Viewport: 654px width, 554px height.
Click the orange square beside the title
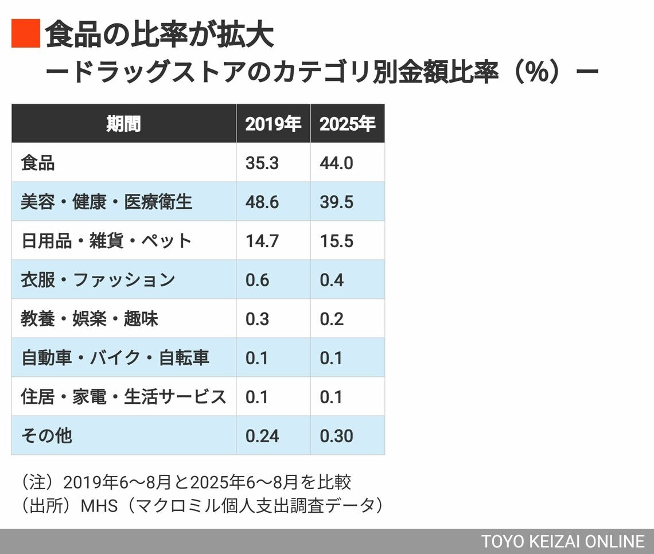coord(26,33)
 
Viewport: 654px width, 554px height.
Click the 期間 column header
coord(123,124)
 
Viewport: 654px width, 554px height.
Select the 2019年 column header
coord(273,124)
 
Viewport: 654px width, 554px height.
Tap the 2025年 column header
coord(347,124)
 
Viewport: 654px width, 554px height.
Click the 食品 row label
coord(38,163)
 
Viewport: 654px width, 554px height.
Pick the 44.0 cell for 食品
coord(337,163)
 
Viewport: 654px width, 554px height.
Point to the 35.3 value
coord(262,163)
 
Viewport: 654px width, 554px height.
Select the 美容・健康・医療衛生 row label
coord(107,202)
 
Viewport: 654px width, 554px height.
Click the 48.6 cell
coord(262,202)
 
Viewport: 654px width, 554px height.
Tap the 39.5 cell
coord(337,202)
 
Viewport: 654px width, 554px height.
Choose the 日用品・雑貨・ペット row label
coord(106,241)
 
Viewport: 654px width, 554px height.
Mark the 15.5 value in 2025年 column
coord(337,241)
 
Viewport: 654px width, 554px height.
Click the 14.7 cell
coord(262,241)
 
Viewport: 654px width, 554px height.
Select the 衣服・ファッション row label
coord(98,280)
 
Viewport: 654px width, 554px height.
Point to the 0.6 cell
coord(257,280)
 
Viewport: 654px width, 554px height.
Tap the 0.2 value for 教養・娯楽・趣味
coord(332,319)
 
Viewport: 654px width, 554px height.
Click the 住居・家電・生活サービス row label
coord(123,397)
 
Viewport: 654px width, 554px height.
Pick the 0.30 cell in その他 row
coord(337,436)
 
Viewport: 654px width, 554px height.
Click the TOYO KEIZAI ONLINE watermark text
coord(563,541)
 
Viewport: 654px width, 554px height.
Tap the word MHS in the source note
coord(99,505)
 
